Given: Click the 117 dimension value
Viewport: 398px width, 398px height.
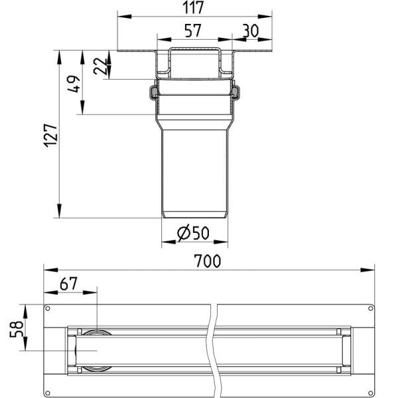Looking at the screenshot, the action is (193, 7).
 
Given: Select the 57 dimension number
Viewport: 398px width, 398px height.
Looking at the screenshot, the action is (193, 31).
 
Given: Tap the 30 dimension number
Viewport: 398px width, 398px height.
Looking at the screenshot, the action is (251, 31).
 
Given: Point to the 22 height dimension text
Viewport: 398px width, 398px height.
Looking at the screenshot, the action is (101, 66).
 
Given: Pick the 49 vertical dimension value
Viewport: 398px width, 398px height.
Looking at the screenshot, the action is (74, 84).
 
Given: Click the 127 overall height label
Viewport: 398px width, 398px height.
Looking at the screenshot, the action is (50, 135).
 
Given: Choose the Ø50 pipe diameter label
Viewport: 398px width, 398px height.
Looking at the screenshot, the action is (194, 233).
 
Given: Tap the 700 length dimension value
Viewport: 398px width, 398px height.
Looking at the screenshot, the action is (208, 261).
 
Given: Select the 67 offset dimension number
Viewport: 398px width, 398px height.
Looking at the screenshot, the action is (68, 284).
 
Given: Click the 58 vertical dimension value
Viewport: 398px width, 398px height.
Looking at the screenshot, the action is (16, 329).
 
